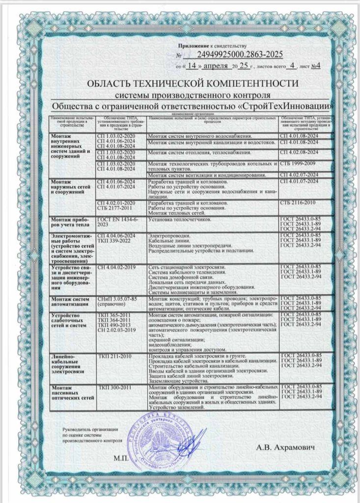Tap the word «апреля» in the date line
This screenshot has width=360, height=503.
tap(215, 65)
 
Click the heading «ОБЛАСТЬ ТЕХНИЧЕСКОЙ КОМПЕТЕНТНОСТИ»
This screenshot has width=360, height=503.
tap(192, 83)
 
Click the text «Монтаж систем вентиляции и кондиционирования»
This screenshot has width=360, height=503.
tap(207, 174)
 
